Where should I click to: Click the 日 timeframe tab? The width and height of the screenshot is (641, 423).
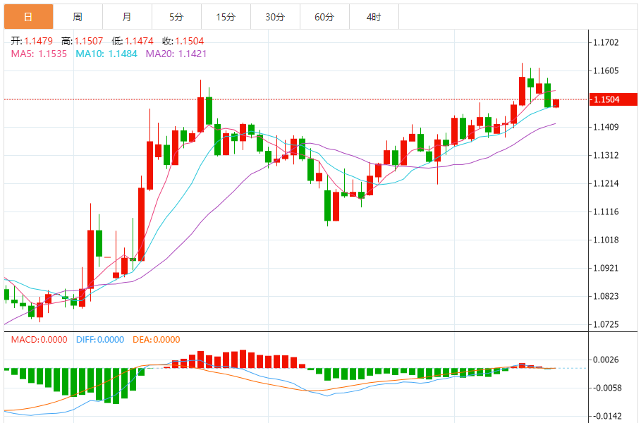[28, 16]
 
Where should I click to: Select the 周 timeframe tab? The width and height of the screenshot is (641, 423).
[77, 16]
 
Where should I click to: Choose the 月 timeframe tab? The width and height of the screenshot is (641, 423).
[126, 16]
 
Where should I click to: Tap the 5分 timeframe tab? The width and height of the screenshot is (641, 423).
[176, 16]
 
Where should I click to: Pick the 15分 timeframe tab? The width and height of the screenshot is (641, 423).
[226, 16]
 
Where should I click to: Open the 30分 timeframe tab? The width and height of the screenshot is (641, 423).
[275, 16]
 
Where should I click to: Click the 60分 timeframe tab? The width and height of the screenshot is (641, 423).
[324, 16]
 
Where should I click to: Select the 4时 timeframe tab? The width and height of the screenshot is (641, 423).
[374, 16]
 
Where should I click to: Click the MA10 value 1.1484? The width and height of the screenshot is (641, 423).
[123, 54]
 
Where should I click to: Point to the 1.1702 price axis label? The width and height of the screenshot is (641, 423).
[607, 43]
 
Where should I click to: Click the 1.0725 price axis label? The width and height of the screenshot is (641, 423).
[607, 325]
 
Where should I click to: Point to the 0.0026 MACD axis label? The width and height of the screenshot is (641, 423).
[607, 360]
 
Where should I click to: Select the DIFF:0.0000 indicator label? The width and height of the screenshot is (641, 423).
[99, 340]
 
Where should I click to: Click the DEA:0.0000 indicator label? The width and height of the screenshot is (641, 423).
[156, 340]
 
